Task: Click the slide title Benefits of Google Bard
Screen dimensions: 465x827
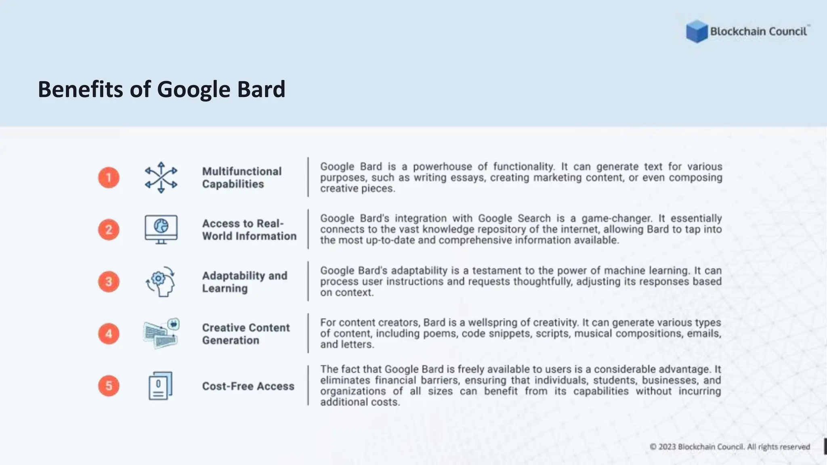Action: pyautogui.click(x=162, y=89)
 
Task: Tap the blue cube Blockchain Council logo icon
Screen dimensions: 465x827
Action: pyautogui.click(x=697, y=31)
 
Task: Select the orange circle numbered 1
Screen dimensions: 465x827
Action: pyautogui.click(x=109, y=178)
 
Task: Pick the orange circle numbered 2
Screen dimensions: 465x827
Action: pyautogui.click(x=109, y=230)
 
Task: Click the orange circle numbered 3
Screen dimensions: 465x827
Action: pyautogui.click(x=109, y=282)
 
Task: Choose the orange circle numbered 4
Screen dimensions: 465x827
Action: pyautogui.click(x=109, y=334)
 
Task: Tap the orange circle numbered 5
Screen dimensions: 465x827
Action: pyautogui.click(x=109, y=386)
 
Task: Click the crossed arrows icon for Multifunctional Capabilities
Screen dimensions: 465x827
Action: pyautogui.click(x=161, y=178)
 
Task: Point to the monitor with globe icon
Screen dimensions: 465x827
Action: pyautogui.click(x=161, y=229)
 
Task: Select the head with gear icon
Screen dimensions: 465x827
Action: pyautogui.click(x=161, y=282)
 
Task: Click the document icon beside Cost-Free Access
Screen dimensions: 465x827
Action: pyautogui.click(x=160, y=386)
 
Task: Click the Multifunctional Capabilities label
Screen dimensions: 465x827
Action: pyautogui.click(x=241, y=178)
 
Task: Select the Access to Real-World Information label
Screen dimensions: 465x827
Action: pyautogui.click(x=249, y=230)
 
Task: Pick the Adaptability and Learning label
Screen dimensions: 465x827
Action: pyautogui.click(x=244, y=282)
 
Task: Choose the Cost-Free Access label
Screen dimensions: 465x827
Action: pyautogui.click(x=248, y=386)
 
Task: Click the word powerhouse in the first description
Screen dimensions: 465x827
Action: pyautogui.click(x=442, y=167)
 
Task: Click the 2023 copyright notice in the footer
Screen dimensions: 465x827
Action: pyautogui.click(x=730, y=447)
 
